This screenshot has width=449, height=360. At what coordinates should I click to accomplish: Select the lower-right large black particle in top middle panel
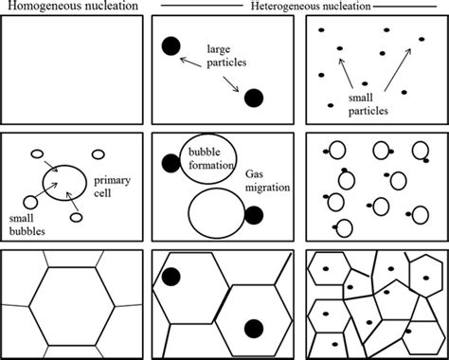(254, 98)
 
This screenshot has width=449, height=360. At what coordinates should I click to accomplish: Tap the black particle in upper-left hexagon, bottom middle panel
(171, 278)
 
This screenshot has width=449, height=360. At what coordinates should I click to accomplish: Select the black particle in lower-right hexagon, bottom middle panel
(253, 329)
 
